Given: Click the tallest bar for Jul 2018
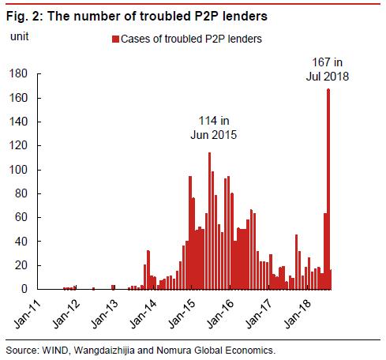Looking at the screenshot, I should click(328, 189).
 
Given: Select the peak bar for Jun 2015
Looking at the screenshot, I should click(209, 221).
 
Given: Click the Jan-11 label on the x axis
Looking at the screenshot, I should click(30, 312).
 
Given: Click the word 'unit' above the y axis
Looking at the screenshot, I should click(18, 36).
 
